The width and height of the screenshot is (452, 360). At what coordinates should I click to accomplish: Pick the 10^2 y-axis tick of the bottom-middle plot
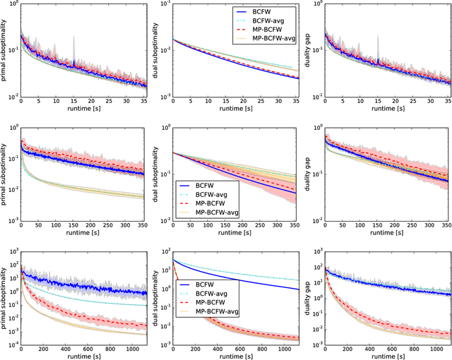(x=163, y=252)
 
